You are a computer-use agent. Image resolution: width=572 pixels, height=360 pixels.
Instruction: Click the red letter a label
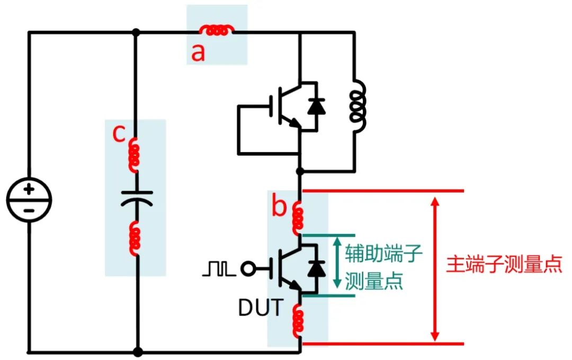coord(198,53)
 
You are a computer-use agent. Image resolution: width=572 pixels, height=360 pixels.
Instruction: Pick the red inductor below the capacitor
coord(136,239)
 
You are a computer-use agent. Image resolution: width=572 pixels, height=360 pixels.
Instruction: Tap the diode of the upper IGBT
coord(317,106)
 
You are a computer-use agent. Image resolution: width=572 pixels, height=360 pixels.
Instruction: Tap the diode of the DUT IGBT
coord(317,269)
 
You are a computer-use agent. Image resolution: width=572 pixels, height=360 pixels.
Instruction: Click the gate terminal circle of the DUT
coord(247,269)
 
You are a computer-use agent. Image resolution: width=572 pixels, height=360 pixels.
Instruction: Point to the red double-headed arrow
coord(435,268)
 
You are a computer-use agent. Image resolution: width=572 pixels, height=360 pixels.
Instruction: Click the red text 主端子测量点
coord(503,264)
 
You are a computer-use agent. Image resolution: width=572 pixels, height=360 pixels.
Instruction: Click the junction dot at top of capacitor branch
coord(136,32)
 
